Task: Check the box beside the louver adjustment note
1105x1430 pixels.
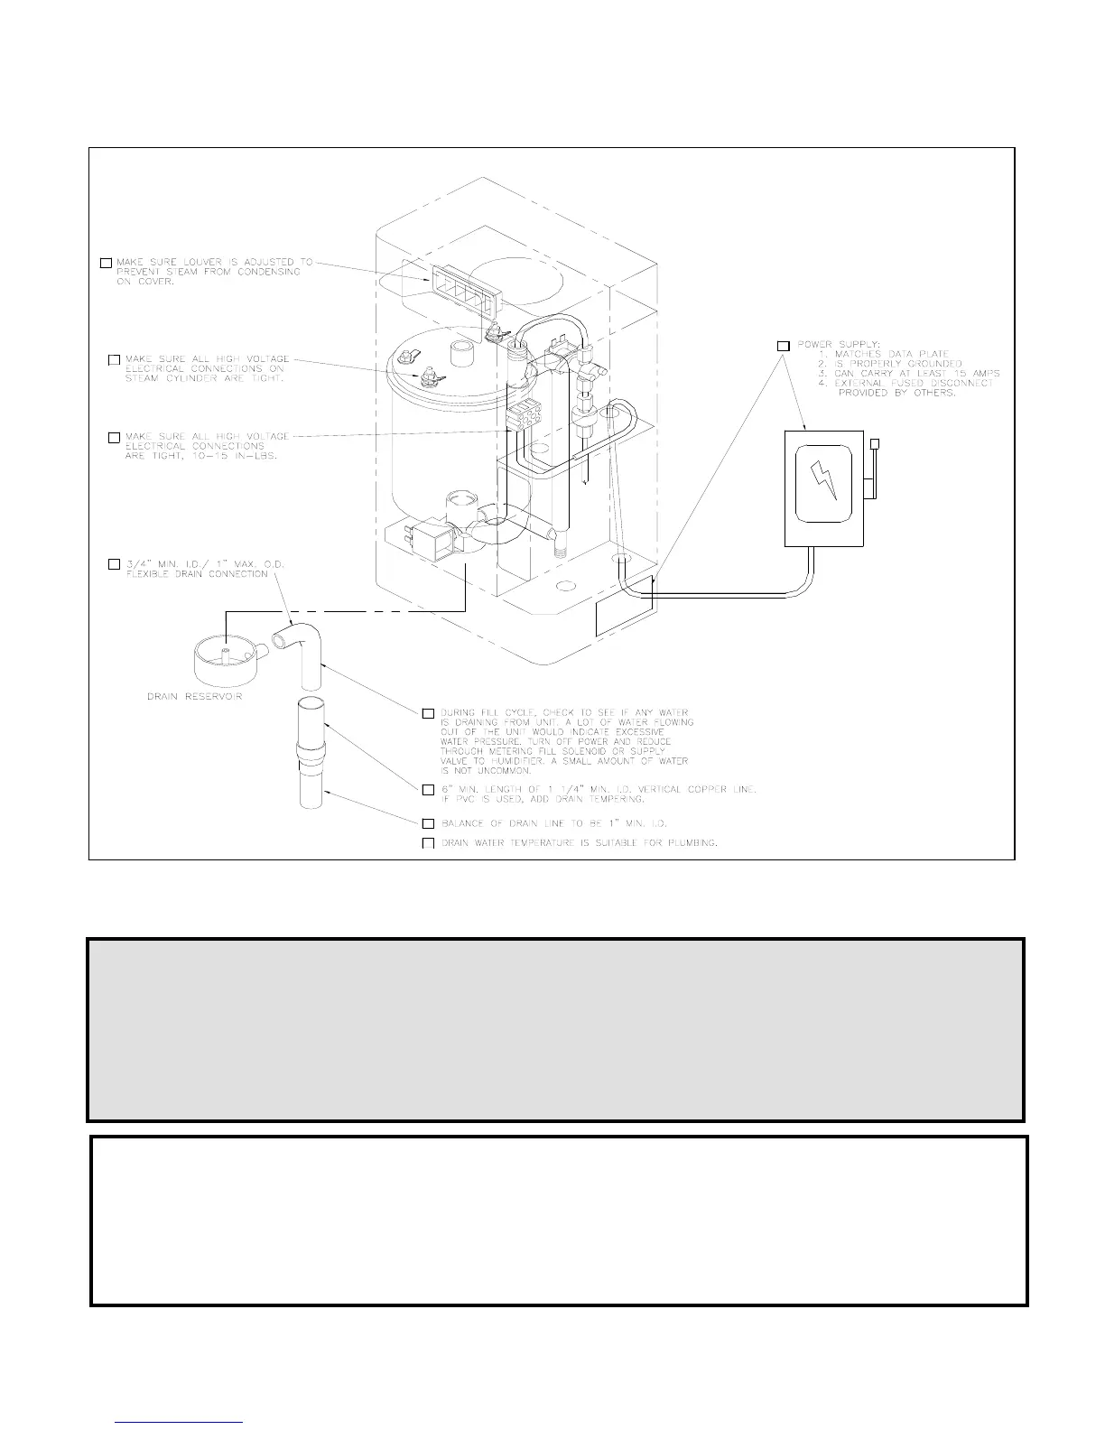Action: click(x=106, y=263)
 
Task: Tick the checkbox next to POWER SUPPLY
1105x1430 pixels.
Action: click(x=783, y=346)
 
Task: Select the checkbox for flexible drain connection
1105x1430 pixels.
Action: click(x=114, y=564)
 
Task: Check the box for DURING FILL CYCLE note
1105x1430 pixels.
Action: click(x=429, y=713)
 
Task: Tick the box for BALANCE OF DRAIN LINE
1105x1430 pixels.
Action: click(x=429, y=823)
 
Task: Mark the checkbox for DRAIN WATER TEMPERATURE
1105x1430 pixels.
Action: click(x=429, y=843)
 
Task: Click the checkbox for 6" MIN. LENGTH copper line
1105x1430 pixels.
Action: click(x=429, y=790)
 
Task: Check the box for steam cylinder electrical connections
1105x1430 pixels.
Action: click(x=114, y=360)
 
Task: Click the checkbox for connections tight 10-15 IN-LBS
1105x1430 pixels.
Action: click(x=114, y=437)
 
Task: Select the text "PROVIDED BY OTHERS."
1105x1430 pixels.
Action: click(x=896, y=394)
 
